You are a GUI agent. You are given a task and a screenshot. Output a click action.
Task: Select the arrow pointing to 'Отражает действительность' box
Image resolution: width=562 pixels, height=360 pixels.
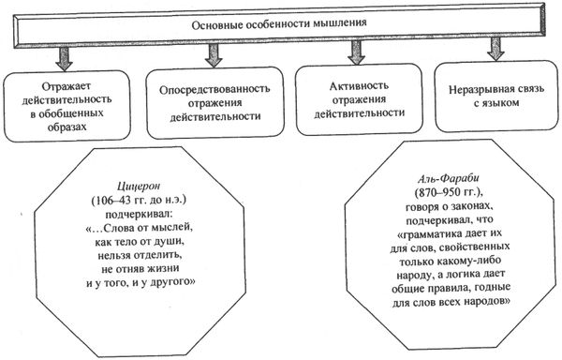point(64,55)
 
